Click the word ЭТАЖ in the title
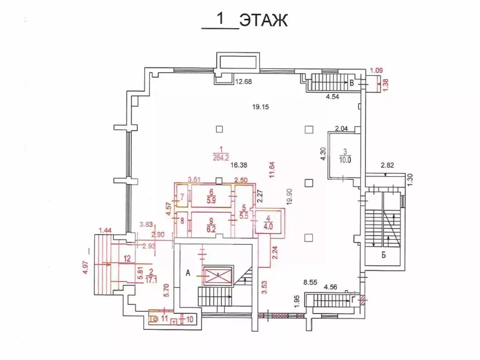pyautogui.click(x=263, y=21)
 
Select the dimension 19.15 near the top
pyautogui.click(x=262, y=107)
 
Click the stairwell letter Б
pyautogui.click(x=383, y=255)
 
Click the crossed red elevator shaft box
pyautogui.click(x=218, y=275)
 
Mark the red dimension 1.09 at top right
pyautogui.click(x=376, y=71)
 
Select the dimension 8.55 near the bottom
pyautogui.click(x=311, y=283)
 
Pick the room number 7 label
pyautogui.click(x=182, y=197)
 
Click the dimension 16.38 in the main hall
pyautogui.click(x=239, y=165)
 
